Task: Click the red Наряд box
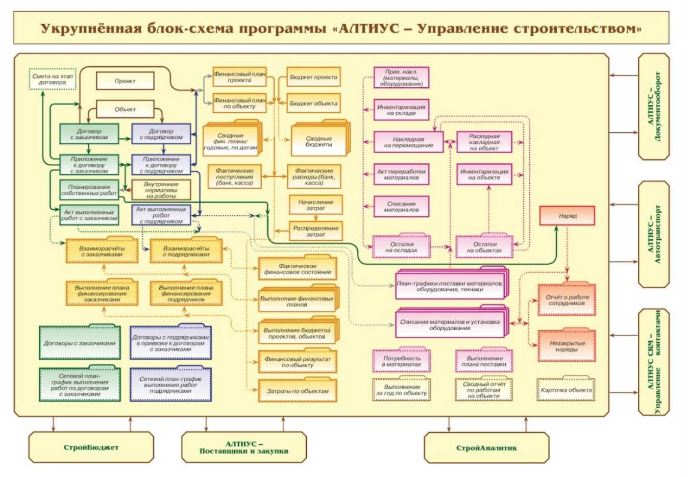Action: click(567, 216)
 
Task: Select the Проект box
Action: click(125, 81)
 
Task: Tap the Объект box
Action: click(125, 109)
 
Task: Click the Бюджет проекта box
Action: click(313, 77)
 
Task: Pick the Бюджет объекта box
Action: click(313, 103)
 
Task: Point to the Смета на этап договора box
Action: click(53, 79)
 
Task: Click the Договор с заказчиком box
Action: click(89, 134)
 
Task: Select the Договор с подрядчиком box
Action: click(161, 134)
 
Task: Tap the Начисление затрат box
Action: click(315, 205)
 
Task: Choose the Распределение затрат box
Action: click(315, 231)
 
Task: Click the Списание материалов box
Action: click(401, 207)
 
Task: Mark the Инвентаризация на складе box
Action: click(401, 110)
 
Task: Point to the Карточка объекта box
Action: click(566, 390)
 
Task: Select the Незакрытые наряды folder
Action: click(567, 346)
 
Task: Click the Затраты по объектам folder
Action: click(298, 391)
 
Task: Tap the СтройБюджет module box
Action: click(91, 447)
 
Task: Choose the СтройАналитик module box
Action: click(486, 448)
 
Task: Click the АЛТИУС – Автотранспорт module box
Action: click(654, 234)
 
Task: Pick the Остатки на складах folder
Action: click(401, 247)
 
